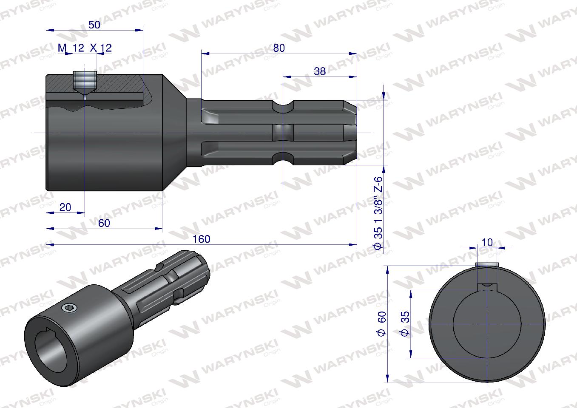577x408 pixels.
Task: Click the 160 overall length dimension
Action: pyautogui.click(x=201, y=239)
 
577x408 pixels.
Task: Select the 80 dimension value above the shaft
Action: pyautogui.click(x=279, y=48)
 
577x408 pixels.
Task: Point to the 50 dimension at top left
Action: pyautogui.click(x=94, y=25)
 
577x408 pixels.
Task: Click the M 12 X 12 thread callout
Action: pyautogui.click(x=85, y=48)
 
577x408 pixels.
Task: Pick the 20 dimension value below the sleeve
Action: pyautogui.click(x=65, y=207)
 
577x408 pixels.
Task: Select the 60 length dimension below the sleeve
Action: pyautogui.click(x=104, y=223)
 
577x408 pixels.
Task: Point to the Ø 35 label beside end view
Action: pyautogui.click(x=405, y=324)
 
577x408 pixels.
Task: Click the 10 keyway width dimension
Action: pyautogui.click(x=487, y=242)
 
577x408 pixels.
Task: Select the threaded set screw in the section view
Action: pyautogui.click(x=85, y=81)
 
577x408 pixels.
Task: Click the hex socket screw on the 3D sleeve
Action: pyautogui.click(x=67, y=307)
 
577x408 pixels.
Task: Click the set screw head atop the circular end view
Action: pyautogui.click(x=487, y=265)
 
